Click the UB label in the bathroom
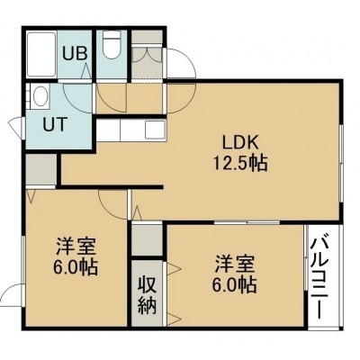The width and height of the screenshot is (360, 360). click(x=75, y=53)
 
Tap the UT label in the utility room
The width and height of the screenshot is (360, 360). click(x=54, y=124)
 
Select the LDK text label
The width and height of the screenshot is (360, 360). click(x=240, y=143)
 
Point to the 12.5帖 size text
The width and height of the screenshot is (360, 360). click(x=240, y=164)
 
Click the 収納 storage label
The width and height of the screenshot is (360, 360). click(x=148, y=296)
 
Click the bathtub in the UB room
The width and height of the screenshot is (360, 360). click(x=41, y=55)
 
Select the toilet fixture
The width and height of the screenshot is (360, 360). click(x=112, y=44)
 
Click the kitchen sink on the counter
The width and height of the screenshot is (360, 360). click(x=155, y=130)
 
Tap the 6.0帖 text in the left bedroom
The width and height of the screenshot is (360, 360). click(x=76, y=267)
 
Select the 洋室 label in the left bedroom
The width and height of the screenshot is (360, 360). click(x=76, y=247)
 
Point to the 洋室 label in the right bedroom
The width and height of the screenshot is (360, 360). click(x=234, y=265)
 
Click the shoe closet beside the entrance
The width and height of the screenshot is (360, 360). click(x=147, y=56)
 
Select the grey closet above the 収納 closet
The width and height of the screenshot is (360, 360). click(x=147, y=239)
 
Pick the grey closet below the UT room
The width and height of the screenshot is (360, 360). click(x=41, y=169)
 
